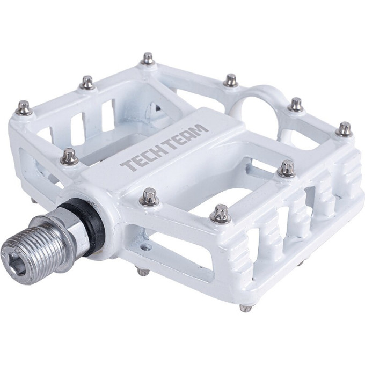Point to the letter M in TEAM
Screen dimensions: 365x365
[x=200, y=130]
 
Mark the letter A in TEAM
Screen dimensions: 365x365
[x=191, y=134]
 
